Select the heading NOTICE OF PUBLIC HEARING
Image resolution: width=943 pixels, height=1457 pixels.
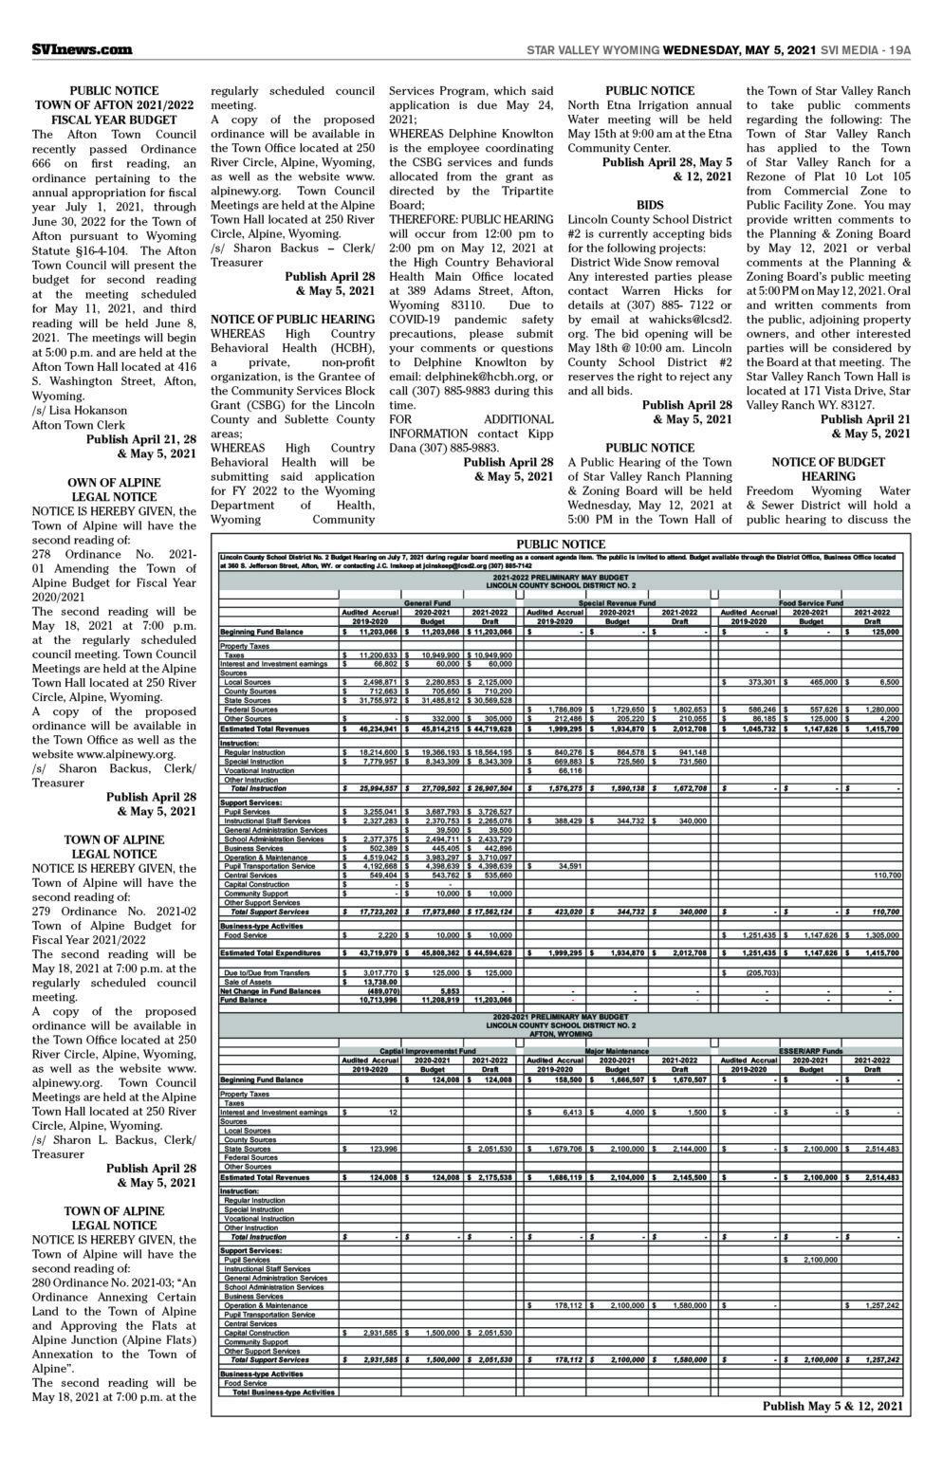[x=293, y=320]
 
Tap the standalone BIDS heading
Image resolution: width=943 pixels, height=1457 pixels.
[x=650, y=204]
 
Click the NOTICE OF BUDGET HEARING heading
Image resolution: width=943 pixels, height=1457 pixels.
[x=828, y=469]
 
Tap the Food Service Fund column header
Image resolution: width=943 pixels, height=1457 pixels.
[x=811, y=602]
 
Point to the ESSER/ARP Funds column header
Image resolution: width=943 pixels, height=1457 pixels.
[x=810, y=1051]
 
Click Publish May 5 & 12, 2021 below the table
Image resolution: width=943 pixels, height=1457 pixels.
[x=832, y=1407]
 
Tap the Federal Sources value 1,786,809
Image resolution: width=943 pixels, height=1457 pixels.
[x=564, y=710]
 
